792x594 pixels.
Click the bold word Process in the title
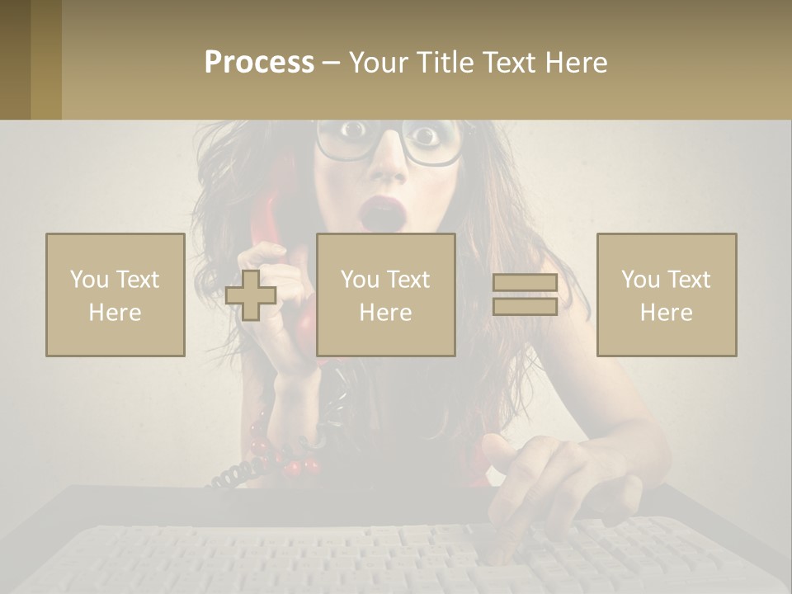point(259,62)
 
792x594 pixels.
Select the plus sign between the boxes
point(251,295)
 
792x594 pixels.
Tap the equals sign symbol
point(525,295)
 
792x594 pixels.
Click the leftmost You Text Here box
point(115,295)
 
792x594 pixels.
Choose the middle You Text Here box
point(385,295)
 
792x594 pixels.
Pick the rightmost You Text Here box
point(666,295)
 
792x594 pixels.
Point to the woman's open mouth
point(381,214)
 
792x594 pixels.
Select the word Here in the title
point(575,62)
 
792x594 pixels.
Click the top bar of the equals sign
point(525,283)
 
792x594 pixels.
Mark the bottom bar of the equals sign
point(525,306)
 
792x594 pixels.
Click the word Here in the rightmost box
point(666,312)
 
